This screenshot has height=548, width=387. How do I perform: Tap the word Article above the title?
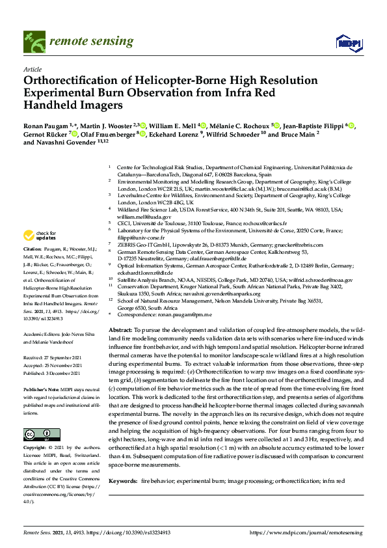coord(33,68)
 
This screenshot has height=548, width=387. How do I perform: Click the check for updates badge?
coord(38,236)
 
